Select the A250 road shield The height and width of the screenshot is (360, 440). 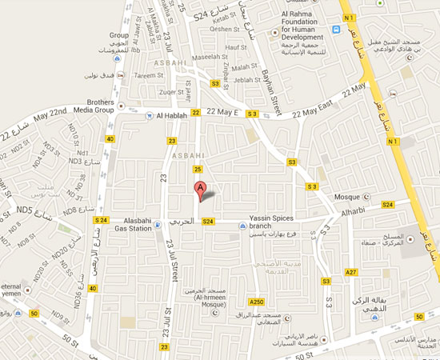(x=256, y=301)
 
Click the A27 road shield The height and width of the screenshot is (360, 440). (x=350, y=273)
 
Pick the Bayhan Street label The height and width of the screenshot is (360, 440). (x=273, y=89)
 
